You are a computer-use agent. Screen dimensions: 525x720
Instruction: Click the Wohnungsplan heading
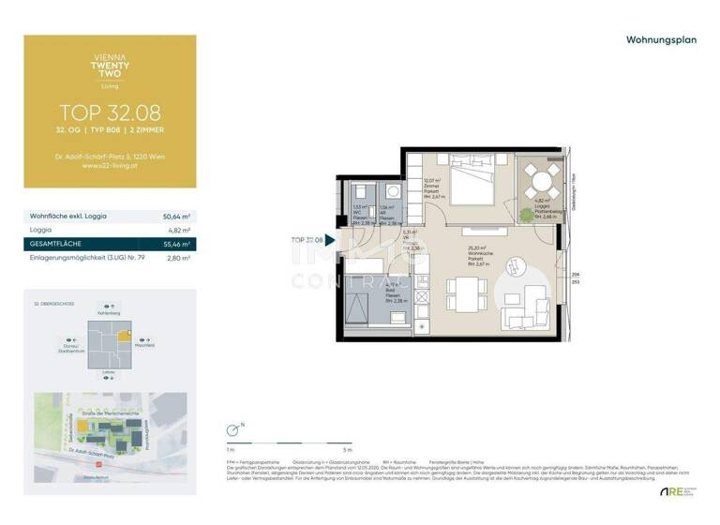tap(660, 40)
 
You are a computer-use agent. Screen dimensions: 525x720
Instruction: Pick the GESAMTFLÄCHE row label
tap(57, 243)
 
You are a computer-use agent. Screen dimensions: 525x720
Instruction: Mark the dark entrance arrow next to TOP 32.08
tap(329, 241)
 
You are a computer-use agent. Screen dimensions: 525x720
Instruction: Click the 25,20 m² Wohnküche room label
tap(480, 251)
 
